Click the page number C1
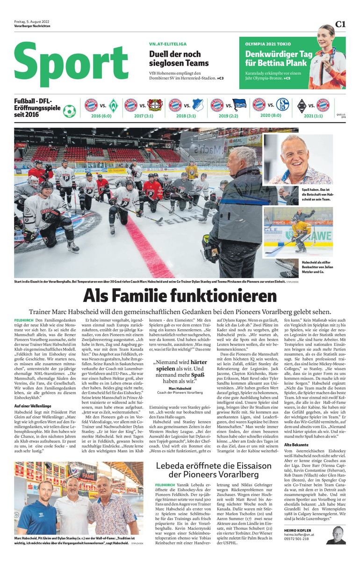(x=340, y=24)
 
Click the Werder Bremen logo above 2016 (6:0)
(x=113, y=105)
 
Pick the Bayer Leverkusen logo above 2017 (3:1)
(x=155, y=105)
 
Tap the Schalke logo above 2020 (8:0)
(x=282, y=105)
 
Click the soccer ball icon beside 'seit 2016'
(x=69, y=111)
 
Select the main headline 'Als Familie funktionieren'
(x=180, y=296)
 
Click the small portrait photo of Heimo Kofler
(x=336, y=535)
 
